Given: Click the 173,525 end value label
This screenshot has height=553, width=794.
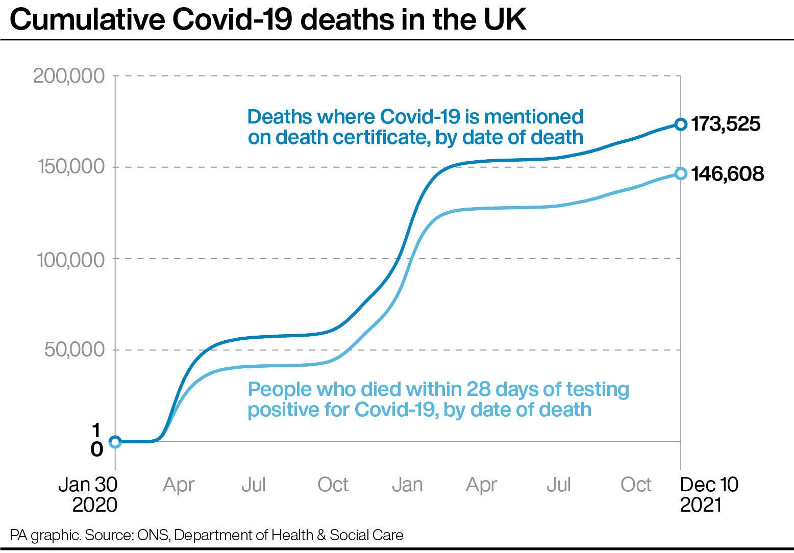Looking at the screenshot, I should tap(725, 124).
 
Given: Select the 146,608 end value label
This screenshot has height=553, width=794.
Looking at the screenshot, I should tap(727, 174).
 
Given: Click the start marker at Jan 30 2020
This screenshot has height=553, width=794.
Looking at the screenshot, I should tap(115, 442).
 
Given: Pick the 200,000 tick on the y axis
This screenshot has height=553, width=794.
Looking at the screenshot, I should tap(69, 77).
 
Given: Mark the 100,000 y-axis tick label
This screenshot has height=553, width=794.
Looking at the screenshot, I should tap(70, 259).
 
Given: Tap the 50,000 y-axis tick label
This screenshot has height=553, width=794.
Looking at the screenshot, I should tap(75, 350).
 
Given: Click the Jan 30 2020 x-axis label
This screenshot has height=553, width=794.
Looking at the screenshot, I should tap(88, 494).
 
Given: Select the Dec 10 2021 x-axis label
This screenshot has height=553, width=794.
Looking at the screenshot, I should tap(709, 494).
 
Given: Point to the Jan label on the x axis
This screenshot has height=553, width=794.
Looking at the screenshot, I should tap(407, 485).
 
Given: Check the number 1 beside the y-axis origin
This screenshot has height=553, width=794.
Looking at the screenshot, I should tap(97, 431).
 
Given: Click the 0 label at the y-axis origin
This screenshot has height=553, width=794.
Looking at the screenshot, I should tap(97, 449).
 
